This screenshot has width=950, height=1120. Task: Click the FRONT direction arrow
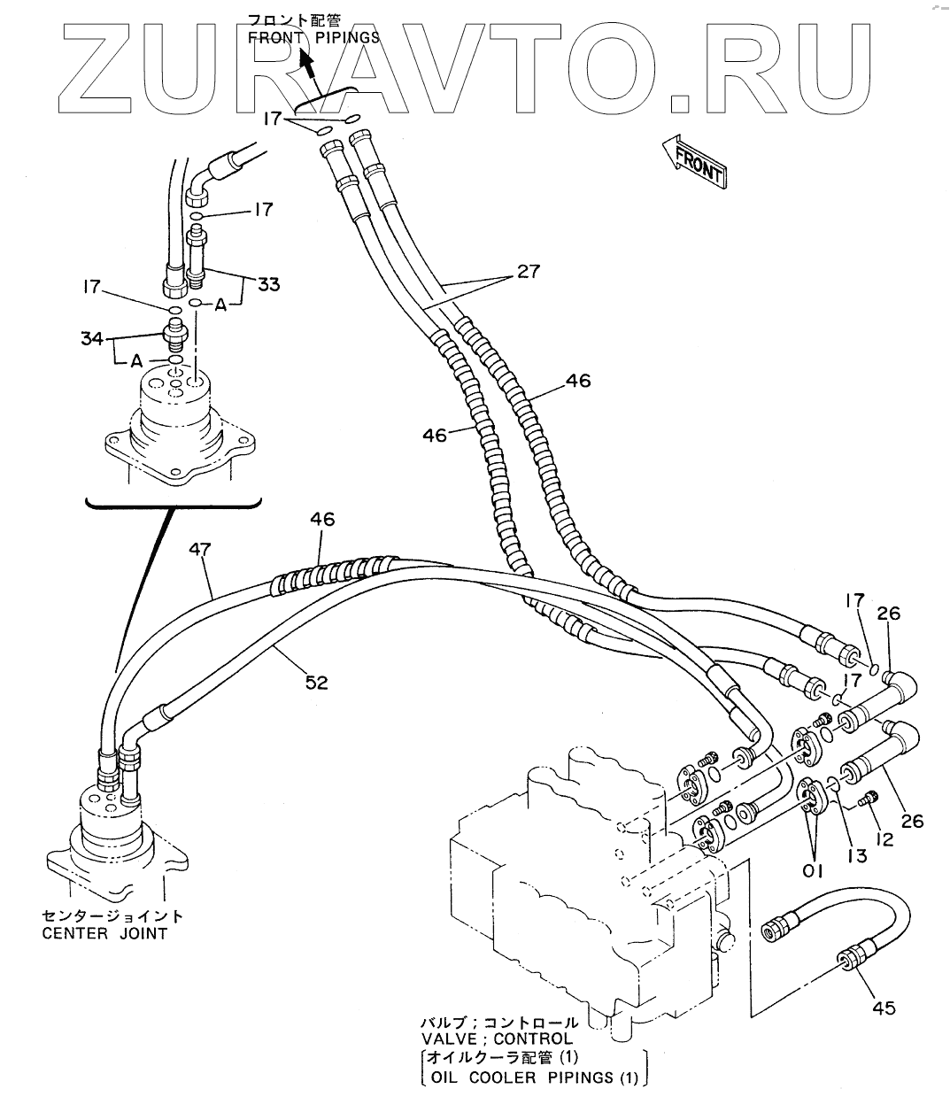[694, 161]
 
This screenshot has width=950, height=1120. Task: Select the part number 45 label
[884, 1008]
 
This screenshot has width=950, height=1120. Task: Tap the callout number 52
[316, 682]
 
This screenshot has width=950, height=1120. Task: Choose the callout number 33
[267, 284]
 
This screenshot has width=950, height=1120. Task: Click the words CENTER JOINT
[104, 933]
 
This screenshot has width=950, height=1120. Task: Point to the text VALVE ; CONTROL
[496, 1039]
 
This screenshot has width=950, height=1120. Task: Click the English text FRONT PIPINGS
[313, 37]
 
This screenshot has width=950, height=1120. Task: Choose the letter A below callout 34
[135, 360]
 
